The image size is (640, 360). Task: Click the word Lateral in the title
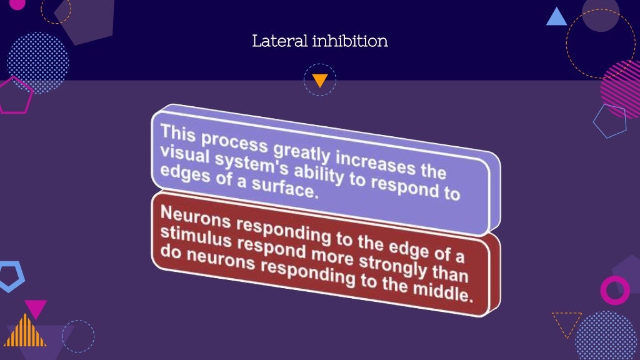click(x=272, y=41)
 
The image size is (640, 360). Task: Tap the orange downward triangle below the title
click(x=320, y=80)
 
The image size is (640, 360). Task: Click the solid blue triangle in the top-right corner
click(x=556, y=17)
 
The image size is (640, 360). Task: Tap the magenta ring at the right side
click(x=615, y=290)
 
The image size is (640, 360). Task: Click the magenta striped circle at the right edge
click(x=622, y=88)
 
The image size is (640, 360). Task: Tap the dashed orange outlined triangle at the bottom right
click(x=566, y=322)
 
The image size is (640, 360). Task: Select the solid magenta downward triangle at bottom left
click(x=36, y=307)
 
